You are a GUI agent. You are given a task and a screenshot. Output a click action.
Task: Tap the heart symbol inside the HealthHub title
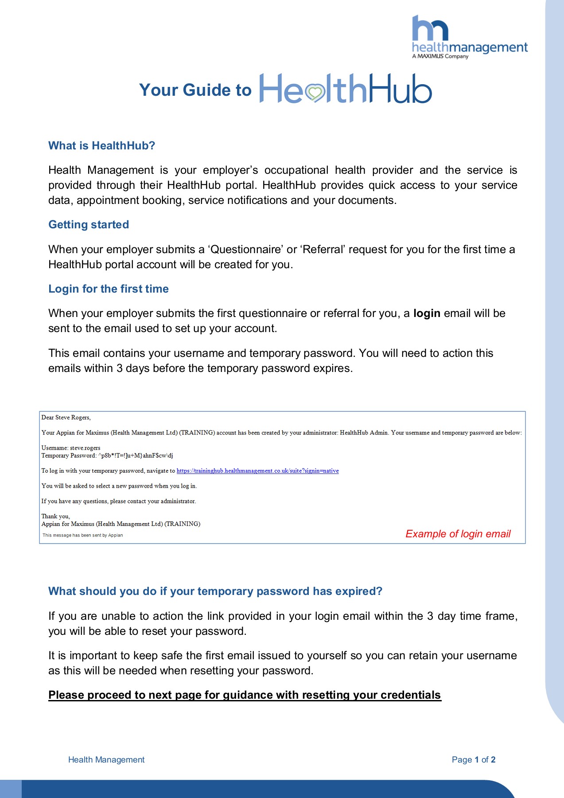[315, 93]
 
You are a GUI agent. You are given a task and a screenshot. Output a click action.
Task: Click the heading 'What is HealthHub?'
[101, 146]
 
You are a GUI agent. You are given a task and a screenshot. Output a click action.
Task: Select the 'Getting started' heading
[89, 225]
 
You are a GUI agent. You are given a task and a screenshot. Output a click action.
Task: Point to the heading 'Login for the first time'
[109, 289]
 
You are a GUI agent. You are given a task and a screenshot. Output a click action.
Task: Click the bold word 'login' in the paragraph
[427, 313]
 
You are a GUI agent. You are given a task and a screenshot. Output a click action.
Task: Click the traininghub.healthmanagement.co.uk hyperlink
[257, 471]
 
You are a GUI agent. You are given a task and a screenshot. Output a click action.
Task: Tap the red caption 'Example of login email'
[458, 534]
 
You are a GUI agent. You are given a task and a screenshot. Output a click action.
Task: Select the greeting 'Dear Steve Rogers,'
[66, 418]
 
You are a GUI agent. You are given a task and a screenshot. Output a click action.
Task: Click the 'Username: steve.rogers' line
[71, 448]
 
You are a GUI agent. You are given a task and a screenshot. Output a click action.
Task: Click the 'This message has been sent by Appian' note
[82, 535]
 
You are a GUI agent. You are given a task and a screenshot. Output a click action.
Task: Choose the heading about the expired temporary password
[215, 591]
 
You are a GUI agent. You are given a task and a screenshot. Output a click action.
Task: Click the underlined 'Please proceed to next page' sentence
[245, 695]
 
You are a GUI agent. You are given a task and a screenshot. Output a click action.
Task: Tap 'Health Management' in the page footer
[106, 760]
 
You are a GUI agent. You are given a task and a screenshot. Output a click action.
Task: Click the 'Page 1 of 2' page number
[473, 760]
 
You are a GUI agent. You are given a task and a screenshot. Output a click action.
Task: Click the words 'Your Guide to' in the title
[195, 90]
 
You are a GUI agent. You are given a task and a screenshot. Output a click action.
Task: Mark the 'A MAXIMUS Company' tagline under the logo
[440, 56]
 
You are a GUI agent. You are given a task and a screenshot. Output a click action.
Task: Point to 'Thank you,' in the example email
[55, 516]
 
